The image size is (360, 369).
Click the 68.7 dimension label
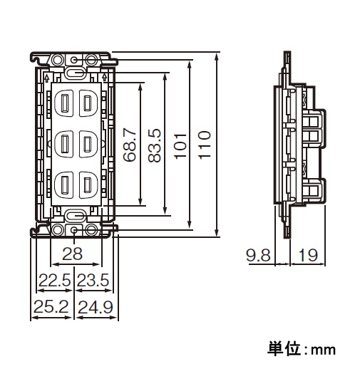(x=130, y=145)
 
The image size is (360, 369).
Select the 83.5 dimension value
(x=154, y=145)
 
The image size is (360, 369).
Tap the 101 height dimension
(x=180, y=146)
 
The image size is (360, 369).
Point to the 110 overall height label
(x=204, y=145)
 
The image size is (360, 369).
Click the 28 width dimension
(x=72, y=254)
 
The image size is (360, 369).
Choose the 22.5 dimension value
(x=55, y=280)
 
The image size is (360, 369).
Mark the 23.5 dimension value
(x=93, y=280)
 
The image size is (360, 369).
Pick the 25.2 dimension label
(x=51, y=306)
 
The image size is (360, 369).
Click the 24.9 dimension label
(x=96, y=307)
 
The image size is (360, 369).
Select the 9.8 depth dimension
(x=258, y=255)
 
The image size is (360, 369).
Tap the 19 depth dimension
(x=308, y=255)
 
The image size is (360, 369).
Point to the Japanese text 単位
(x=283, y=349)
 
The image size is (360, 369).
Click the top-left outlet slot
(x=64, y=103)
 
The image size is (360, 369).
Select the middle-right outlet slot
(x=88, y=144)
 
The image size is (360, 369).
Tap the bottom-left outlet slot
(x=64, y=185)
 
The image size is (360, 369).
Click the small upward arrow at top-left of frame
(x=47, y=78)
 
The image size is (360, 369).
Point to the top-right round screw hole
(x=91, y=59)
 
